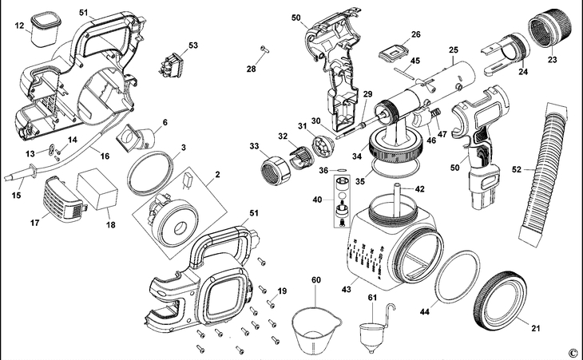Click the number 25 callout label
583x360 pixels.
pos(453,49)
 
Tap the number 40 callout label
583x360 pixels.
pos(318,199)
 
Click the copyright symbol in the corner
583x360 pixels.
pos(572,352)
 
